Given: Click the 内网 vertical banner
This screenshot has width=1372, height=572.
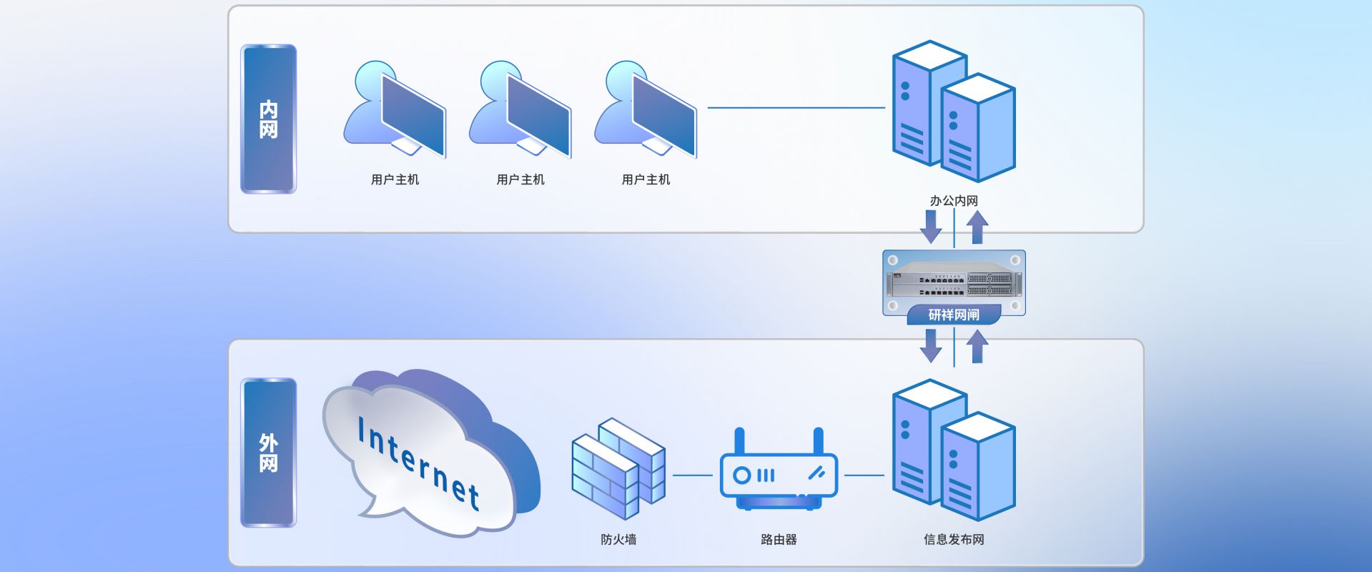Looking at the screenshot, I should [268, 119].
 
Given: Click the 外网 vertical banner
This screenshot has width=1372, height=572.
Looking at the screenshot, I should [268, 453].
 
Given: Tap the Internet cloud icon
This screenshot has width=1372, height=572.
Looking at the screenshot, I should [429, 454].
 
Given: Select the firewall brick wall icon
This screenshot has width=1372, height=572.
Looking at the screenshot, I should [618, 468].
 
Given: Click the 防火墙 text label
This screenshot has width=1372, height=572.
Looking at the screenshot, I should [618, 539].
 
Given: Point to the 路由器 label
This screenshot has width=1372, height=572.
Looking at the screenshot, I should [779, 539].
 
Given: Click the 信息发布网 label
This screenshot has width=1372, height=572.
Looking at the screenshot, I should [954, 539].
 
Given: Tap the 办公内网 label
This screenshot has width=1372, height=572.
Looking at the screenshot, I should [954, 201].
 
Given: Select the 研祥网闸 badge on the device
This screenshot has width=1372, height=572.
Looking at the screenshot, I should [954, 315].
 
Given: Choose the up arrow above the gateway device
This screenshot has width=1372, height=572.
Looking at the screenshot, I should [977, 227].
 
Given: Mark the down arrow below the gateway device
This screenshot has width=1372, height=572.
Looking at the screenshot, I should [931, 345].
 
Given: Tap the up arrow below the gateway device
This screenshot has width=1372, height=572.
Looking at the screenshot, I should [977, 346].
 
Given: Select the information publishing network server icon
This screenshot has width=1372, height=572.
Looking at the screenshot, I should [954, 450].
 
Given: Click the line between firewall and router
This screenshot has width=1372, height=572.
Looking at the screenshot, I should [692, 475].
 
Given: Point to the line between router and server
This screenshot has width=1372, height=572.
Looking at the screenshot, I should [864, 475].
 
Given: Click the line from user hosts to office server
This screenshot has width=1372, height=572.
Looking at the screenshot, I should [796, 108].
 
